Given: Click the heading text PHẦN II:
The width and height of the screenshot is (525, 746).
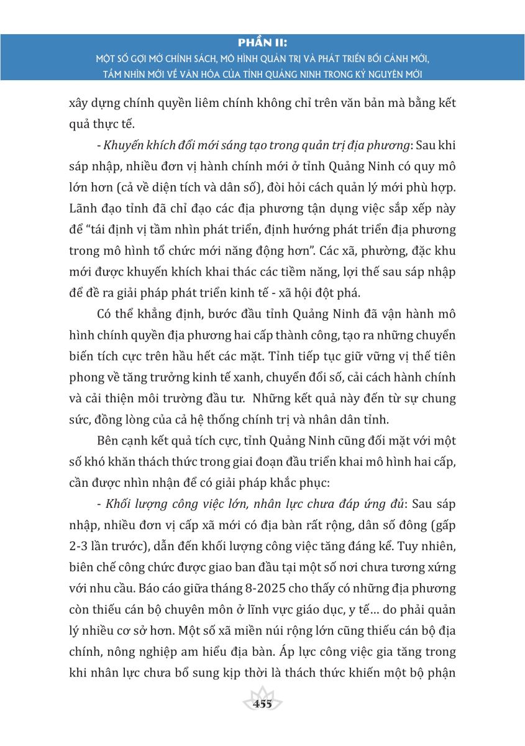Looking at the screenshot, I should coord(263,44).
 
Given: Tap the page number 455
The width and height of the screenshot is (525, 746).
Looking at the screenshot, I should coord(263,704).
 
